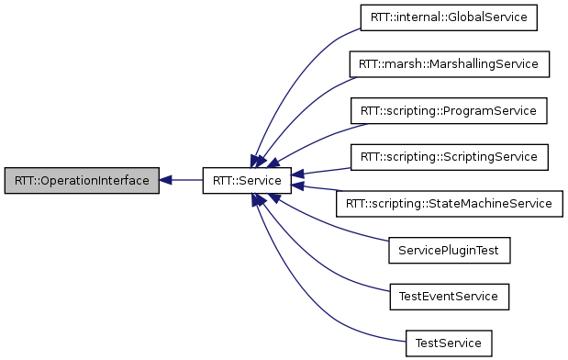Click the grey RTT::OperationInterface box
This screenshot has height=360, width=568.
click(82, 180)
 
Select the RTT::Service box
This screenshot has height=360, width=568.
click(247, 180)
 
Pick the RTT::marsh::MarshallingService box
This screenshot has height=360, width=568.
click(449, 63)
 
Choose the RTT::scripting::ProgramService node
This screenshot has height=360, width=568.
click(449, 110)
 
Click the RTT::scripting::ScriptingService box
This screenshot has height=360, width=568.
click(449, 156)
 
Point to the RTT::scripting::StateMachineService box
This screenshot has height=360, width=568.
click(449, 203)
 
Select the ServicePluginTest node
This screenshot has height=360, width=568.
click(449, 250)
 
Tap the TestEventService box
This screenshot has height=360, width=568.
click(449, 297)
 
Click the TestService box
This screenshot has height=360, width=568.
click(449, 343)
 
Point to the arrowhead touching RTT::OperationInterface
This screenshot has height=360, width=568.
click(166, 180)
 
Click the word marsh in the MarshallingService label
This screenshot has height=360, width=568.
click(402, 63)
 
